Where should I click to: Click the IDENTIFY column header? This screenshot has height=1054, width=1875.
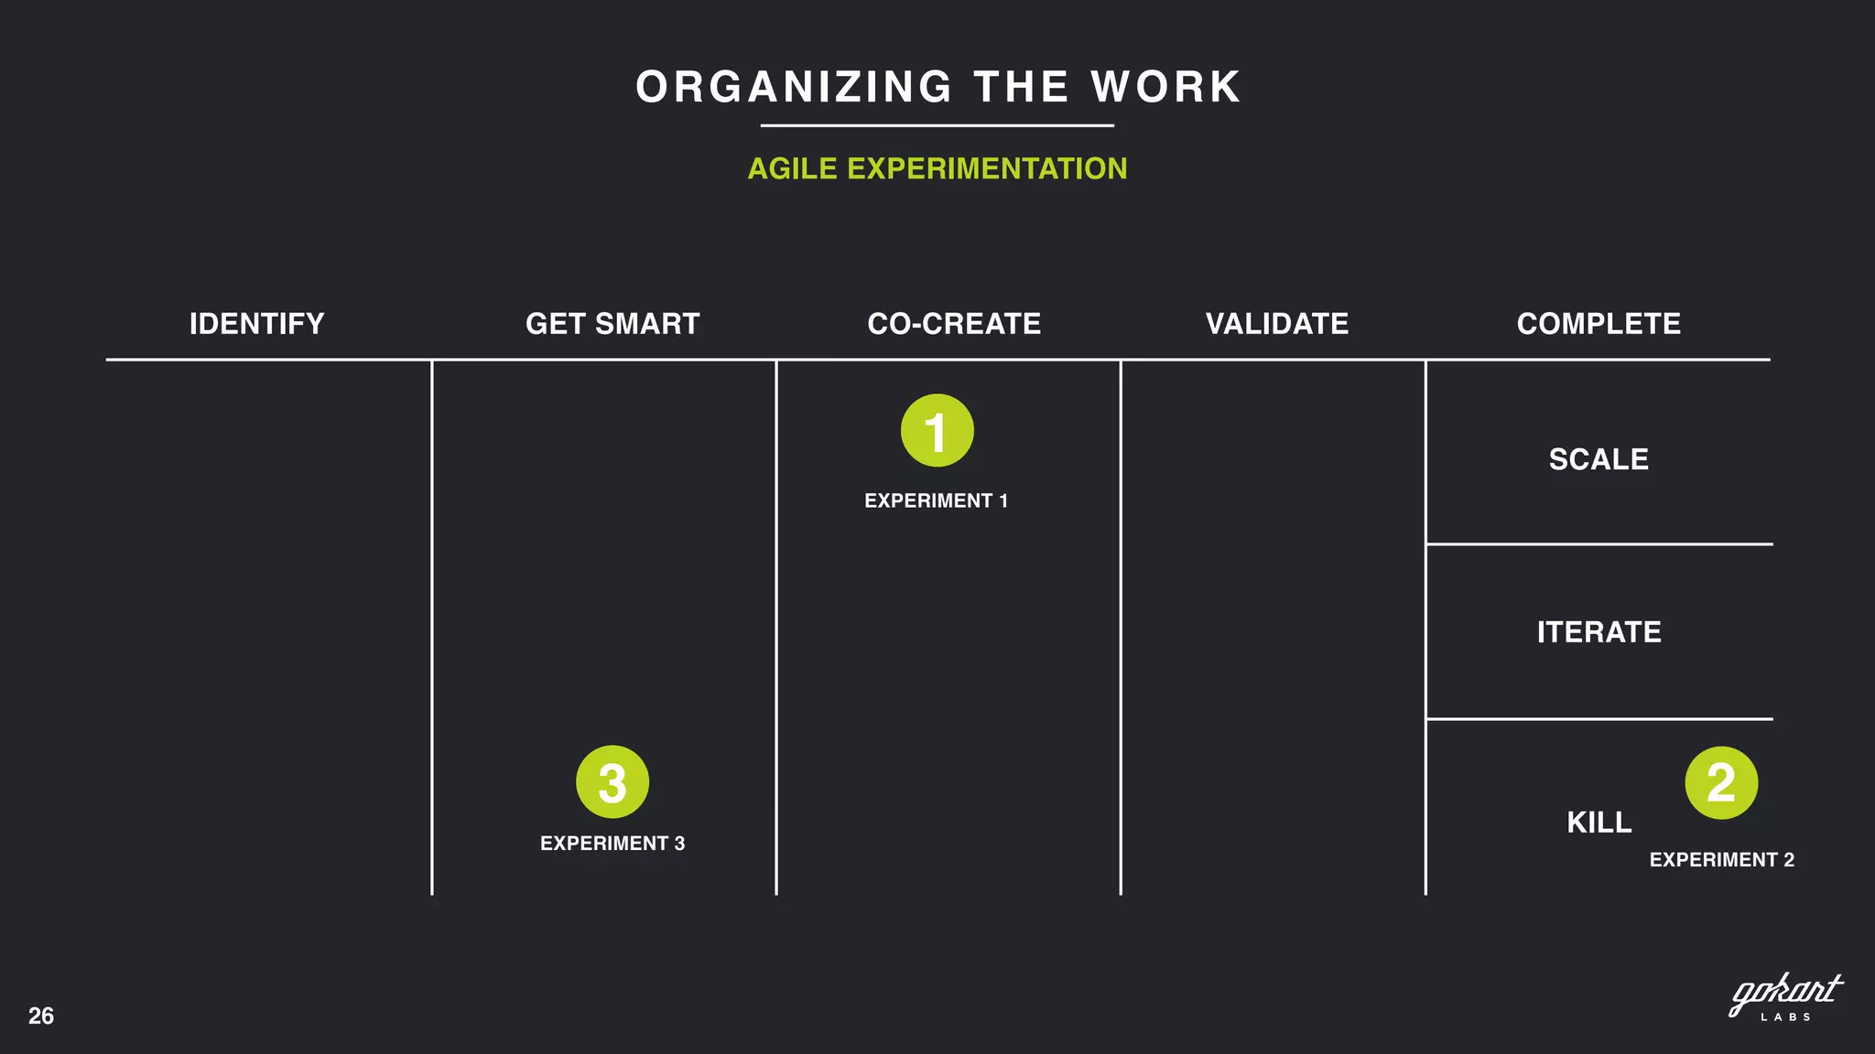(256, 324)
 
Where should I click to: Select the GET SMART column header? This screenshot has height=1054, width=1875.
(612, 324)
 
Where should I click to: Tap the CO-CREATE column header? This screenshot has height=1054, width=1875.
(954, 324)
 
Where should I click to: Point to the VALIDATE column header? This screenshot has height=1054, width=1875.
(1277, 324)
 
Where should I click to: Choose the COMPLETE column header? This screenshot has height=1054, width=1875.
(1599, 324)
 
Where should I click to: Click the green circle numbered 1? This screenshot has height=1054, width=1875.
(937, 431)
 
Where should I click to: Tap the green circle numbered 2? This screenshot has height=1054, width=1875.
(1721, 783)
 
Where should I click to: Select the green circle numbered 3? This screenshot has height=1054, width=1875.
(612, 782)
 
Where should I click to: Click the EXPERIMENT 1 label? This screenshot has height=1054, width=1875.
(936, 500)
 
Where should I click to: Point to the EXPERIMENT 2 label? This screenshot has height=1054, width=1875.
(1721, 860)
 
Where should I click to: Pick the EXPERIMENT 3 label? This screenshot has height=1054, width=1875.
(612, 844)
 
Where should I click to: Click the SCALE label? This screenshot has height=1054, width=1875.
(1599, 459)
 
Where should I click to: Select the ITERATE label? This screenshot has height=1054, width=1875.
(1599, 632)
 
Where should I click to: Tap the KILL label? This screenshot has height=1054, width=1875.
(1599, 823)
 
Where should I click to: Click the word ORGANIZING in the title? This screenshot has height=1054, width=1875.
(795, 88)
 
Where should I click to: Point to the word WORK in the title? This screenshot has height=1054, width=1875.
(1165, 88)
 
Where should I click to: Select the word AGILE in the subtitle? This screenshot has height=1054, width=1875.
(792, 169)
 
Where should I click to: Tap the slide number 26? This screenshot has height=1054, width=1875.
(41, 1016)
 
